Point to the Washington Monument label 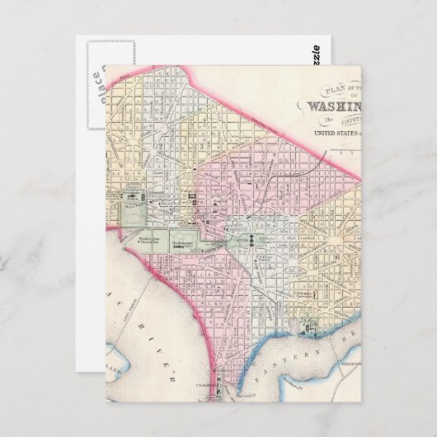[x=148, y=242]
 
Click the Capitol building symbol [x=244, y=240]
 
